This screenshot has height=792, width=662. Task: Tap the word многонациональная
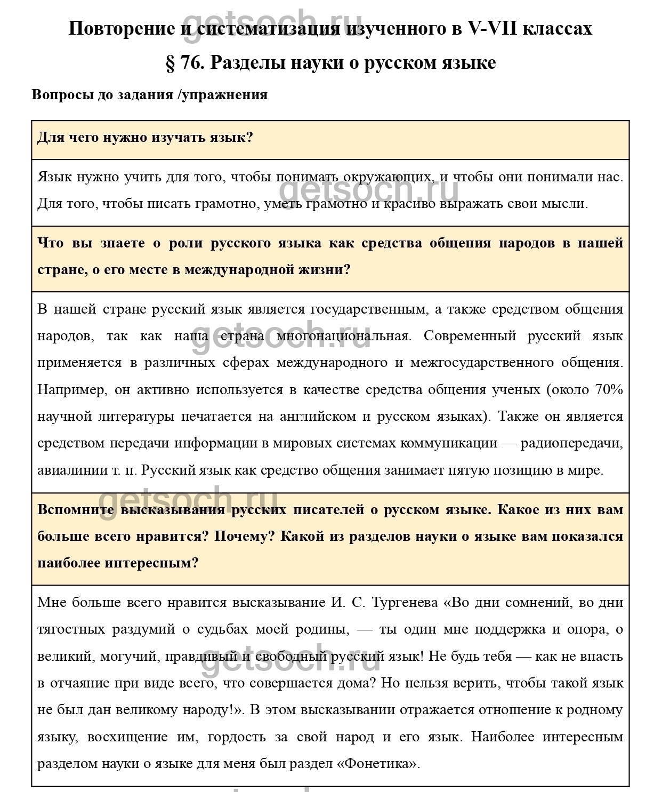point(344,336)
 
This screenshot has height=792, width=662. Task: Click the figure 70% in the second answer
point(608,389)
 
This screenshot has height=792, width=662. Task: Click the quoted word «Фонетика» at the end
point(378,763)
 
